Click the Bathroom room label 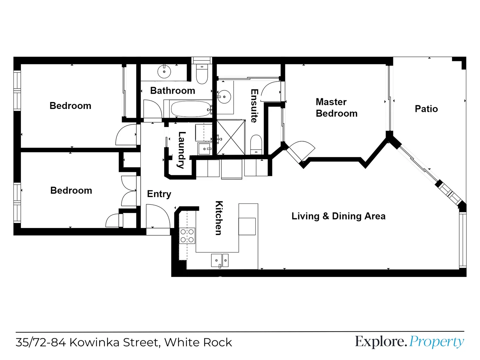172,91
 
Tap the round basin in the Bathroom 164,71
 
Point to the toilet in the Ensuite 256,144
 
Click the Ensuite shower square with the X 231,137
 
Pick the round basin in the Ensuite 224,97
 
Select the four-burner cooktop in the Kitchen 187,236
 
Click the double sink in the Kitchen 220,260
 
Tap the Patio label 426,109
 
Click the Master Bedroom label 336,108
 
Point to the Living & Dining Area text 338,216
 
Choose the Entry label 159,194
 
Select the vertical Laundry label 182,150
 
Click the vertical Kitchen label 219,218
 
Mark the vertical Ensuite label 254,106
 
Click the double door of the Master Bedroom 300,151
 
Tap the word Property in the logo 436,342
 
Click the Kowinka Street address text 124,342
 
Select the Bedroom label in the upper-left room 70,106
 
